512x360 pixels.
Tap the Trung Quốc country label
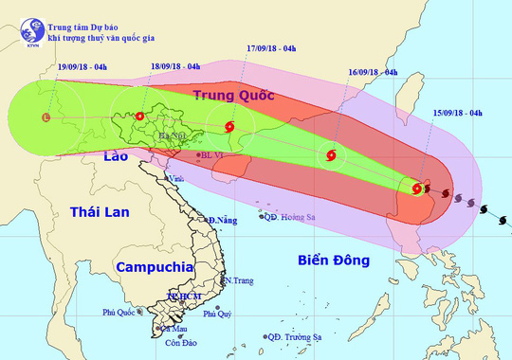(x=233, y=96)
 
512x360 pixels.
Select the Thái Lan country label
(x=99, y=216)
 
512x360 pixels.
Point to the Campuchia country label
(x=151, y=267)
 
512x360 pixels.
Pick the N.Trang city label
(x=238, y=280)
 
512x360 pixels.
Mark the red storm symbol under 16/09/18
(x=330, y=154)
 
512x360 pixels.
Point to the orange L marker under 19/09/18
(x=46, y=118)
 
